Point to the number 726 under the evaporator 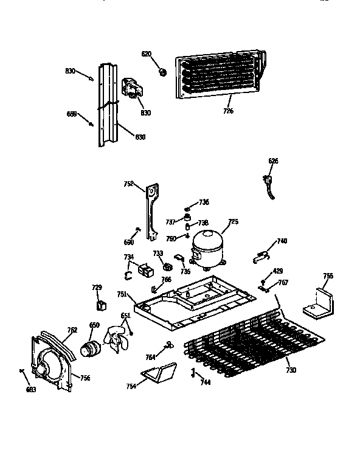coord(228,111)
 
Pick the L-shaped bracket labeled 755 coord(319,305)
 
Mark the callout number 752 coord(129,183)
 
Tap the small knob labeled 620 coord(162,72)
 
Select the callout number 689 coord(71,114)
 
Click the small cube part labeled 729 coord(100,303)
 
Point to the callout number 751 coord(122,294)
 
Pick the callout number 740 coord(282,241)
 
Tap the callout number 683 coord(31,389)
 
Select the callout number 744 coord(206,382)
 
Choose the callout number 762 coord(72,330)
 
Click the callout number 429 coord(277,271)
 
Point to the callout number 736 coord(204,202)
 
